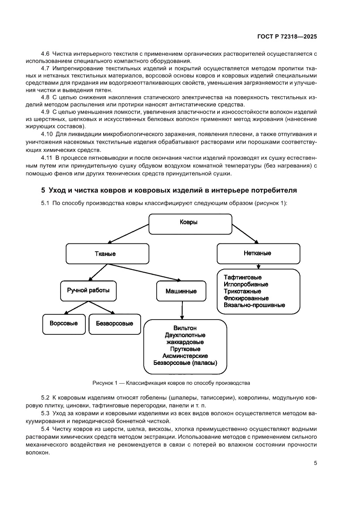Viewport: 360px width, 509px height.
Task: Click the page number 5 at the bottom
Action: click(x=315, y=463)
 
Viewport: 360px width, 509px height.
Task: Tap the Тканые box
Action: click(x=107, y=253)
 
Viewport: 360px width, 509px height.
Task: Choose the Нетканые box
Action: click(x=258, y=253)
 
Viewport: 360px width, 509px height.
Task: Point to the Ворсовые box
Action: click(x=64, y=324)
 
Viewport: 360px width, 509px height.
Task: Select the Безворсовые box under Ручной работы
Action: click(x=111, y=324)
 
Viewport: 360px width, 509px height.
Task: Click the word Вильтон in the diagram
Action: click(x=185, y=328)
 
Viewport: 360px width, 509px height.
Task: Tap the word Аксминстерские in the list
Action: click(x=185, y=356)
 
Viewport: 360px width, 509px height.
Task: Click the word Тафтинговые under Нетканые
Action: click(x=243, y=277)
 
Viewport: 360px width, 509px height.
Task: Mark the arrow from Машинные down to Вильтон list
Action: click(x=182, y=310)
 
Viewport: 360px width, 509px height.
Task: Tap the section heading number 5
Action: click(x=43, y=190)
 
